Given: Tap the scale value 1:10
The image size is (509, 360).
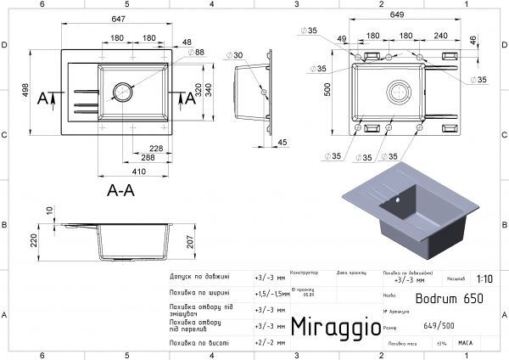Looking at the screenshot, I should [484, 278].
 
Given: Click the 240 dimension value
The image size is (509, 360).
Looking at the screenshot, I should [439, 36].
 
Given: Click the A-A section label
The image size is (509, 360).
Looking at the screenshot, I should [120, 191].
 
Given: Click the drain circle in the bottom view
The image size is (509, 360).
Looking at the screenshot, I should [397, 91].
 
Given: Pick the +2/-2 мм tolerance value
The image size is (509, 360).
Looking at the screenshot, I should [266, 343].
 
